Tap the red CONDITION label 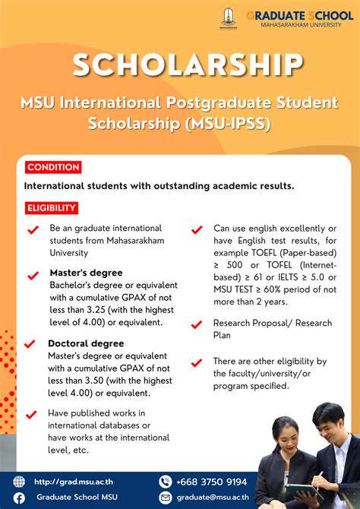tap(52, 167)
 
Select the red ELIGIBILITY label tap(52, 207)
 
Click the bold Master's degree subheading tap(86, 273)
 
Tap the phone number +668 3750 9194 tap(212, 482)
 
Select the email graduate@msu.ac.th tap(219, 498)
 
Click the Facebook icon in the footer tap(20, 498)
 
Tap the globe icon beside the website tap(20, 482)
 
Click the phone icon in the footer tap(166, 482)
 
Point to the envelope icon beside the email tap(166, 498)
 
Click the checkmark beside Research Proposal tap(197, 324)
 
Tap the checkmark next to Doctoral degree tap(31, 344)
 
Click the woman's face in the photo tap(286, 436)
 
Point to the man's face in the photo tap(327, 422)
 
